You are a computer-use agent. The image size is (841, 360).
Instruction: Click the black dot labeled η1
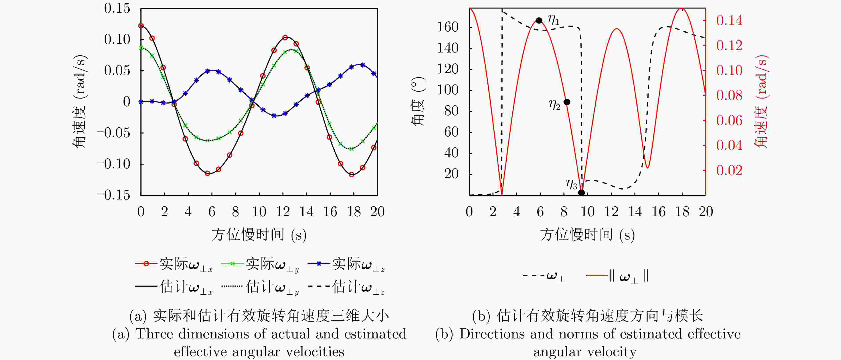tap(539, 20)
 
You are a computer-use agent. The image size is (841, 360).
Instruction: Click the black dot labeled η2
tap(567, 102)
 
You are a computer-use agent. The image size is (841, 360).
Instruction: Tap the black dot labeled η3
tap(581, 193)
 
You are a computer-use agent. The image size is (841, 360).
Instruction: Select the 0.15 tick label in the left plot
tap(117, 8)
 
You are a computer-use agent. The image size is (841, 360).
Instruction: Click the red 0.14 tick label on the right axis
tap(729, 20)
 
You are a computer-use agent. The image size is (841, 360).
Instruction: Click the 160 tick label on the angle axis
tap(448, 27)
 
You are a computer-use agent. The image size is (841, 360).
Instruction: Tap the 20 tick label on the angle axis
tap(451, 174)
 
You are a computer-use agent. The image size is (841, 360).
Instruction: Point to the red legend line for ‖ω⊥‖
tap(597, 276)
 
